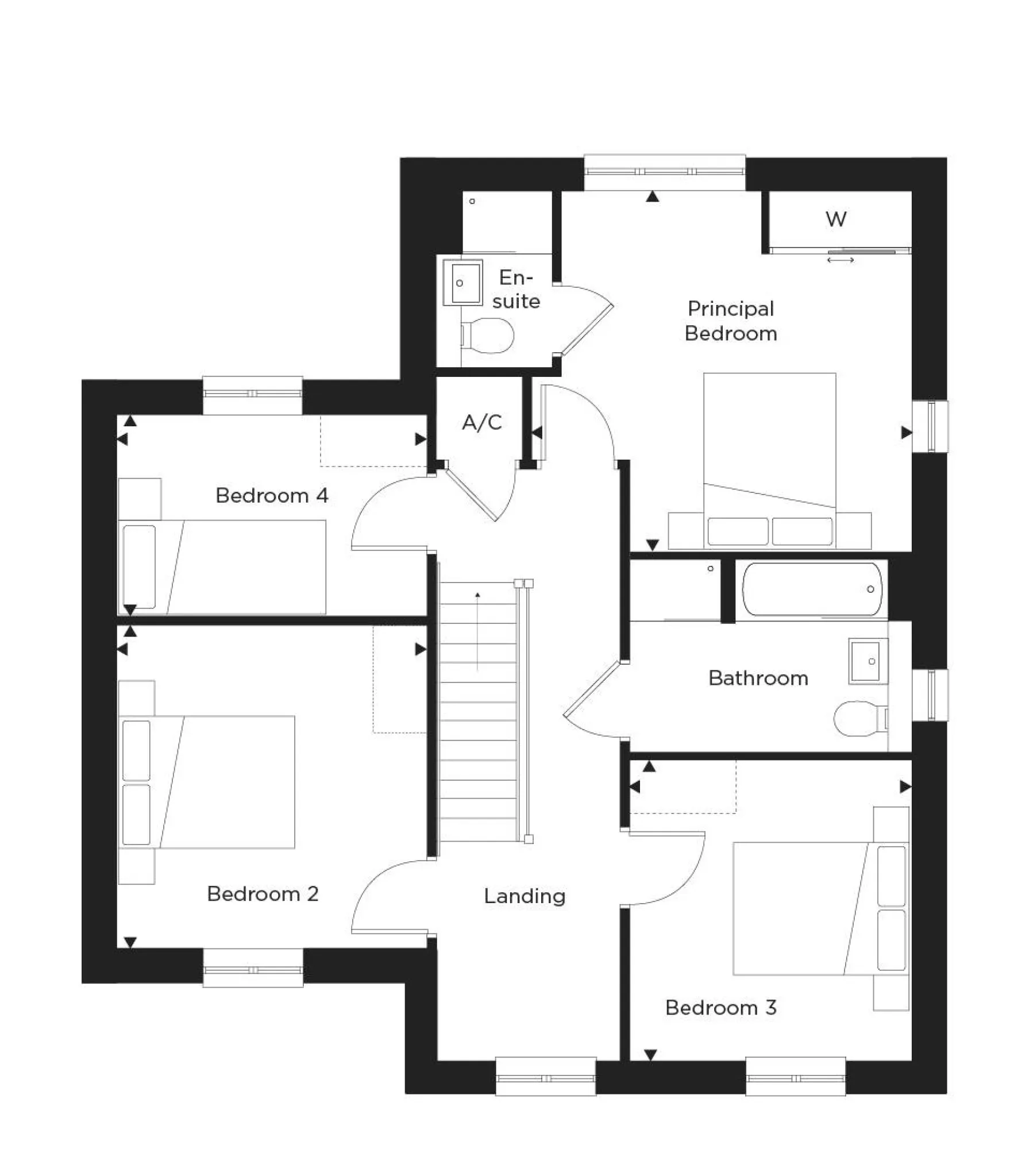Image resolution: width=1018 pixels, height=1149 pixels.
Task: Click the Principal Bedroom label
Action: click(x=730, y=321)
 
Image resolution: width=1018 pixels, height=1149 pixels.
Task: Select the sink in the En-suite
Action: click(x=463, y=283)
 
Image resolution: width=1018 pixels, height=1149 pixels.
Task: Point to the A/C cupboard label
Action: click(x=482, y=423)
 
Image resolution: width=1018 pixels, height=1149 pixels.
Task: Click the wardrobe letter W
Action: click(x=836, y=219)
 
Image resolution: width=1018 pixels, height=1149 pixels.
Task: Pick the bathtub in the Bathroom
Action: click(x=812, y=589)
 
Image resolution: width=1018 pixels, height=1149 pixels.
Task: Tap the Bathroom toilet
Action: click(x=858, y=718)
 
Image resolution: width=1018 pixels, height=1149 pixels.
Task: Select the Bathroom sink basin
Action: click(x=868, y=662)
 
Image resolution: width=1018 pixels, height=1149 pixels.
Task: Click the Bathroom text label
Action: click(x=758, y=678)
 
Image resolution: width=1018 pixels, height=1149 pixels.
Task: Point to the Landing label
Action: click(x=525, y=896)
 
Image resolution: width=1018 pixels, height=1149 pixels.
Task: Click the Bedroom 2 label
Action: click(x=263, y=894)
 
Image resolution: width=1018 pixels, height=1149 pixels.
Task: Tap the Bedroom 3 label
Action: click(x=720, y=1008)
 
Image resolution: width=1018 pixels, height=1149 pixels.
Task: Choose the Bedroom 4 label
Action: click(x=272, y=495)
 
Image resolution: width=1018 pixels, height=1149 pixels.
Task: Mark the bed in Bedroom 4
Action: click(x=224, y=567)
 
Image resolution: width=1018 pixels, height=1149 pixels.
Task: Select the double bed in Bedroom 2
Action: click(x=208, y=782)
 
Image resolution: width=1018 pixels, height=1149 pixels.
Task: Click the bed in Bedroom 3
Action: click(x=820, y=909)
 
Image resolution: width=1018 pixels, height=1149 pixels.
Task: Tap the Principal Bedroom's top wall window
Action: click(x=665, y=171)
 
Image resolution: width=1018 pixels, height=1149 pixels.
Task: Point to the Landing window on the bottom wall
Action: click(x=546, y=1078)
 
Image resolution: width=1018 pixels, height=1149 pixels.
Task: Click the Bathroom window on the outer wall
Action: click(x=931, y=695)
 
